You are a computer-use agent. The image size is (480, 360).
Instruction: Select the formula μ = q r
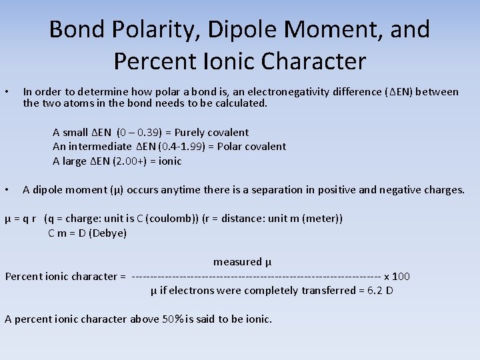21,219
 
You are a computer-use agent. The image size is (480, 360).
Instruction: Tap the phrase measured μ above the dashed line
242,262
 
